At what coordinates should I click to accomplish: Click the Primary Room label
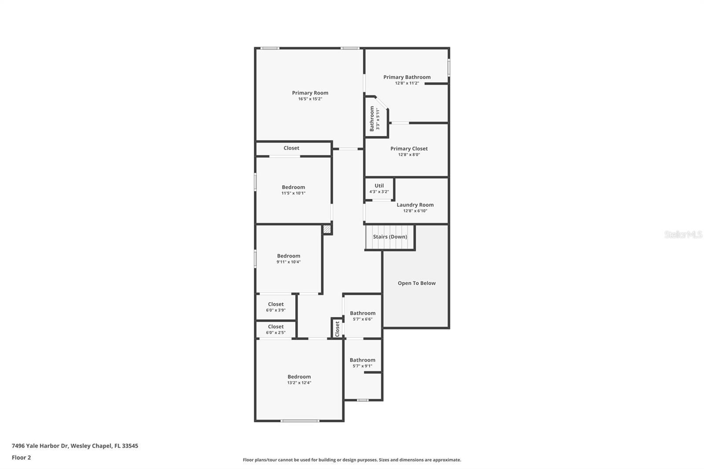[310, 93]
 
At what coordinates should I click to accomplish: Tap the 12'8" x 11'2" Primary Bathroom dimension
[407, 83]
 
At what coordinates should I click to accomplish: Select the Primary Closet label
[409, 149]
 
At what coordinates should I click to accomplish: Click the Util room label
[379, 186]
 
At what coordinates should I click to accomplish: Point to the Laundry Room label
[415, 205]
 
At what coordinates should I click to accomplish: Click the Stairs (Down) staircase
[390, 237]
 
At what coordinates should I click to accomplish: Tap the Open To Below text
[416, 283]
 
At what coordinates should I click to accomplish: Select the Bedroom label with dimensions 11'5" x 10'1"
[293, 187]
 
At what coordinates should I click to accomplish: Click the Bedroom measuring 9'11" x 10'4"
[288, 256]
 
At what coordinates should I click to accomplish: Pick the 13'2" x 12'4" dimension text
[299, 383]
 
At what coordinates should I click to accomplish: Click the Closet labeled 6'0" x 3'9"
[275, 304]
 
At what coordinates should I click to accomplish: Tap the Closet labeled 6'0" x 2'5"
[275, 327]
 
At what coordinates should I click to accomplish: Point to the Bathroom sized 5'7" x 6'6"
[363, 313]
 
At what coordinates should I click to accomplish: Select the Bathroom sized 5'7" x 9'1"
[362, 360]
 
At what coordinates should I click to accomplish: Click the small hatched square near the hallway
[327, 229]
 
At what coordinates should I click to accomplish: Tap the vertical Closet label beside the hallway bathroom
[337, 329]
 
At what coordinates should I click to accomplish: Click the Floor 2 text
[21, 458]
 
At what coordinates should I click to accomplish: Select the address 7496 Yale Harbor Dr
[40, 446]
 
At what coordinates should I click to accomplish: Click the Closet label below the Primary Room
[291, 148]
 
